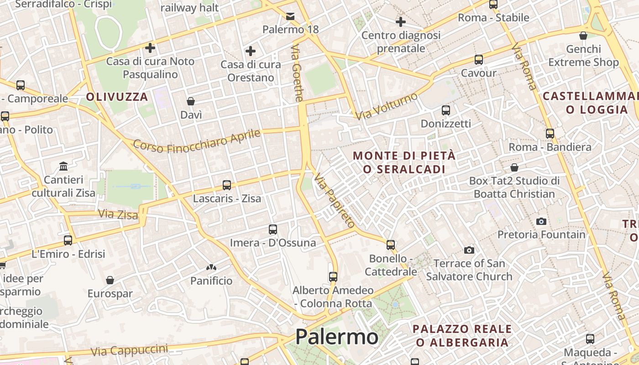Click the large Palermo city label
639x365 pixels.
pos(336,337)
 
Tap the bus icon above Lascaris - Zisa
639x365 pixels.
pos(227,185)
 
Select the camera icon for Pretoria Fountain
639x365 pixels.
pos(541,221)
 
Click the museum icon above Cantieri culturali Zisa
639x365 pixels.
pos(63,166)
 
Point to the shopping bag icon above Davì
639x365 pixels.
pos(191,101)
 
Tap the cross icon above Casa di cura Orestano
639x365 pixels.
pos(251,51)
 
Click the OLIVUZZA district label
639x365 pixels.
pos(117,97)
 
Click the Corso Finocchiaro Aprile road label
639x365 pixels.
pos(197,141)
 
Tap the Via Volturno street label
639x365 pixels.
pos(387,106)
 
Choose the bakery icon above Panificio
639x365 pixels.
pos(211,267)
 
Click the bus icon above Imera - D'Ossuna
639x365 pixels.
pos(273,229)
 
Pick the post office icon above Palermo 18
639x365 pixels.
pos(290,16)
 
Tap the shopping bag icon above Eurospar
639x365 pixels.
pos(110,280)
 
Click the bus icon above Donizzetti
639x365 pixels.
pos(446,110)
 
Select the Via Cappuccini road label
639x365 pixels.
pos(129,350)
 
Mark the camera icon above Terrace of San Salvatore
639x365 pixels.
pos(469,250)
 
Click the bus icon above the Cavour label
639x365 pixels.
pos(478,60)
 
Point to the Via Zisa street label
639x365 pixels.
pos(118,214)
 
